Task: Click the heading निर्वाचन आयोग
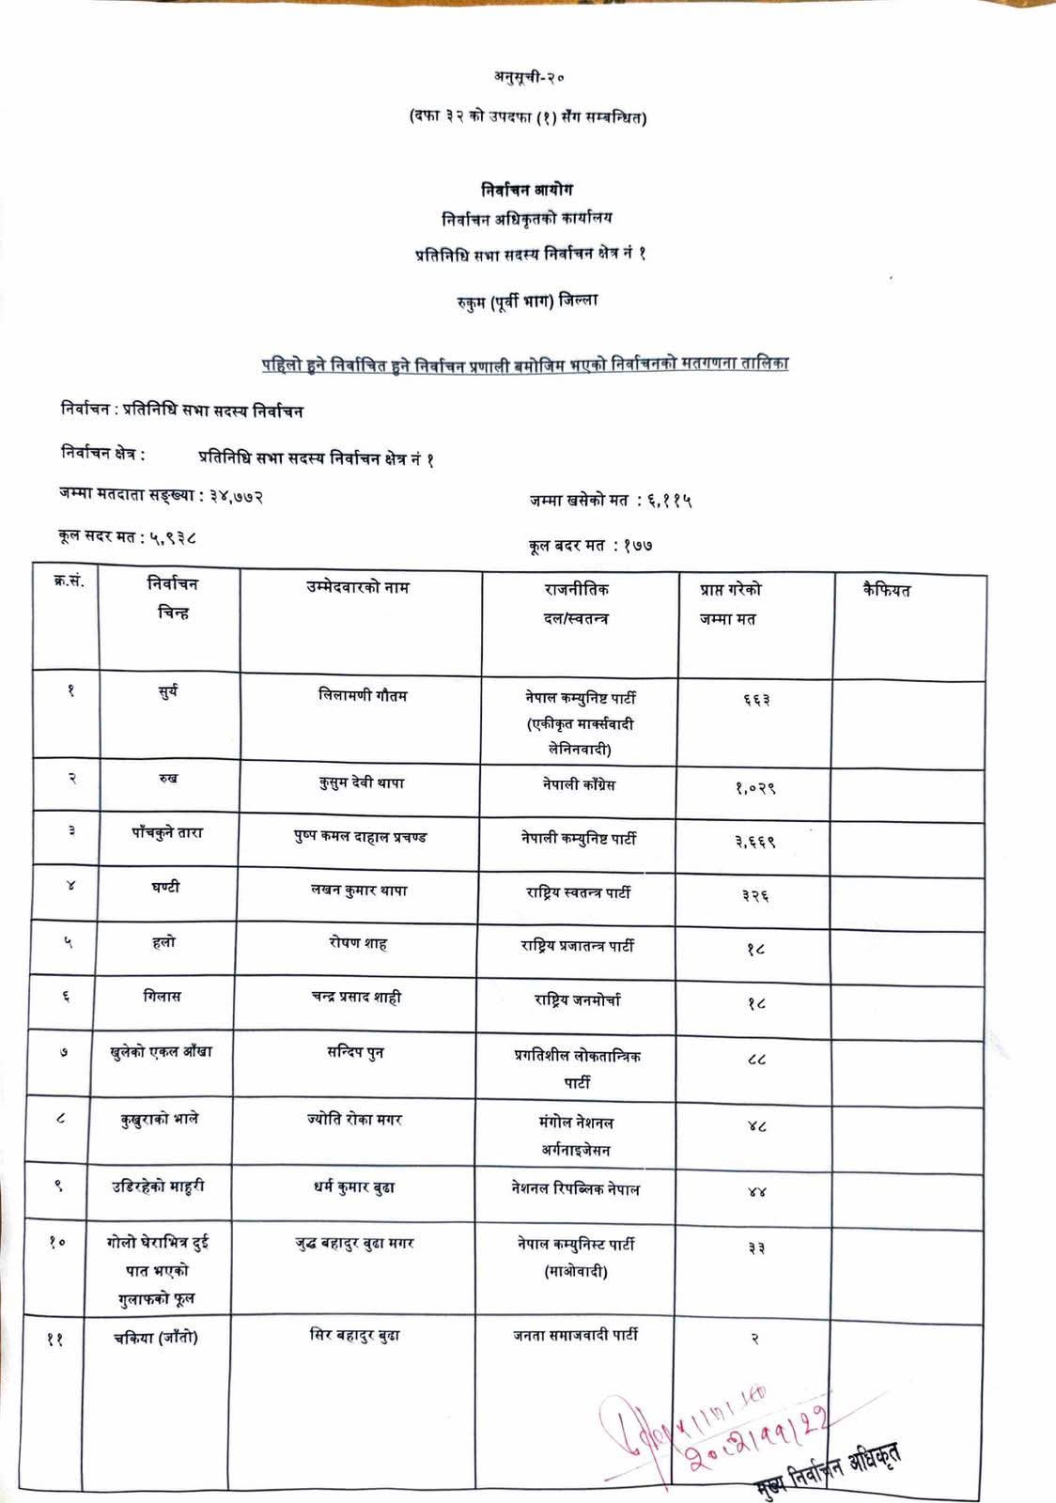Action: [x=526, y=189]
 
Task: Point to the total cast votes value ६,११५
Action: [x=669, y=502]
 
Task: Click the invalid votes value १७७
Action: [x=637, y=545]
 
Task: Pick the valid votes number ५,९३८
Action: [x=170, y=537]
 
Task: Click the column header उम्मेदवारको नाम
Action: [x=358, y=588]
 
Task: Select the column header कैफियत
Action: [x=887, y=591]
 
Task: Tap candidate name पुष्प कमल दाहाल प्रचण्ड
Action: [x=360, y=837]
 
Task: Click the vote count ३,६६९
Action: [x=755, y=842]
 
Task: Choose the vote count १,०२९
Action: [x=755, y=788]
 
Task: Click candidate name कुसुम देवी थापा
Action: [x=362, y=782]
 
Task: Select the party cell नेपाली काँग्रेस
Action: [x=579, y=784]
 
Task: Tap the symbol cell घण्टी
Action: [x=165, y=888]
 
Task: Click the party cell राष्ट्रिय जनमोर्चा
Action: [x=578, y=1000]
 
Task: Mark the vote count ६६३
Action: [x=755, y=700]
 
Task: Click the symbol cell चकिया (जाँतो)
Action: [x=155, y=1338]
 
